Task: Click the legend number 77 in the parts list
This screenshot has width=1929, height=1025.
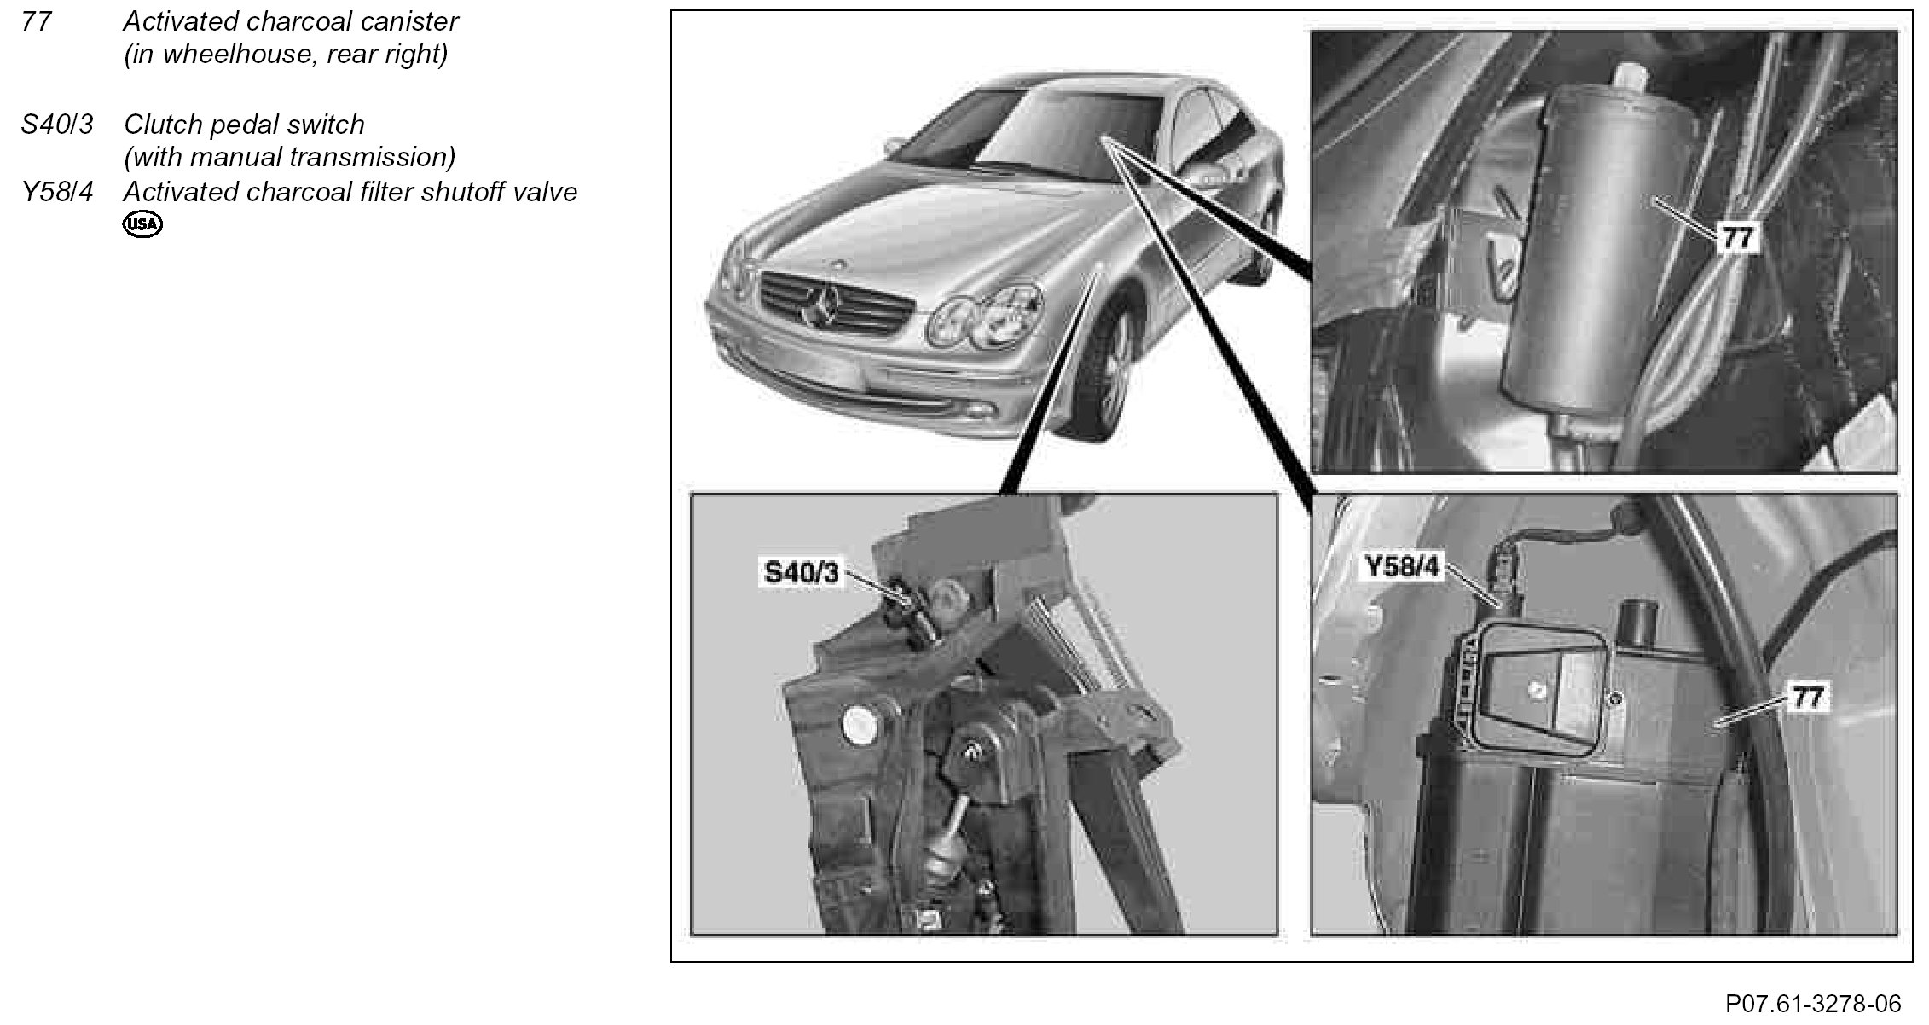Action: point(36,21)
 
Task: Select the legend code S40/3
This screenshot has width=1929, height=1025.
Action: point(56,125)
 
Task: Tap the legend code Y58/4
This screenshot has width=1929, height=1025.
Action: point(56,192)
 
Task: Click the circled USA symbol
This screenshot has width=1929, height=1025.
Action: point(142,224)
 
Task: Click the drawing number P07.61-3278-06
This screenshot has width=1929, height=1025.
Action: point(1813,1003)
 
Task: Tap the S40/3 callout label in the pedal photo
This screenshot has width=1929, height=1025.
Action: point(802,572)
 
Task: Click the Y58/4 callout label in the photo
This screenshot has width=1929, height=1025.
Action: point(1402,567)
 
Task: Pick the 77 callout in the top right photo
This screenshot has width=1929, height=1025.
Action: point(1737,238)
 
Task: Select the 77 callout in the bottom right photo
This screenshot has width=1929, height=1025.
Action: point(1807,698)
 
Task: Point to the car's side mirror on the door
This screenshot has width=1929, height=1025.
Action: point(1216,177)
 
